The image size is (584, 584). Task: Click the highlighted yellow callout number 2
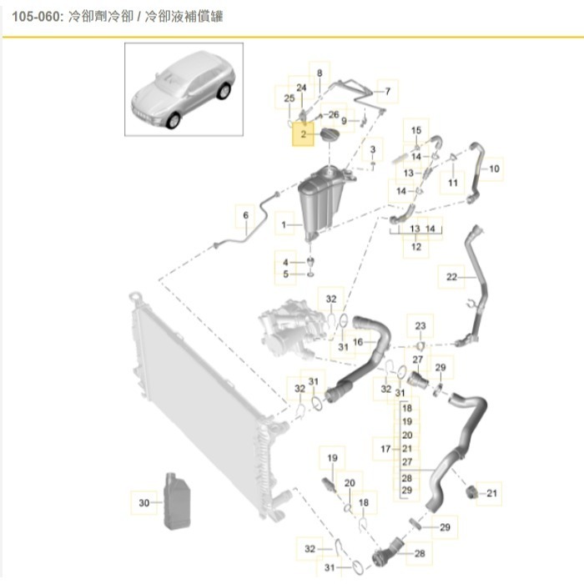coord(303,133)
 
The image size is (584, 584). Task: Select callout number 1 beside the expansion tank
coord(285,225)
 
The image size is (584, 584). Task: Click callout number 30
coord(143,503)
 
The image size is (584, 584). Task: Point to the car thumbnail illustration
coord(184,89)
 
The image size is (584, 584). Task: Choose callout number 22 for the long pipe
coord(451,277)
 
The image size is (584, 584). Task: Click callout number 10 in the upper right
coord(493,169)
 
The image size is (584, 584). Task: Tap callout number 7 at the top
coord(386,89)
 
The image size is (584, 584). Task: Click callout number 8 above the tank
coord(319,73)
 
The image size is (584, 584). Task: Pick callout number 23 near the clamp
coord(420,325)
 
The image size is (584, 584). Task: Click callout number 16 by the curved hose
coord(357,341)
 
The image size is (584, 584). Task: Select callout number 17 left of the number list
coord(385,449)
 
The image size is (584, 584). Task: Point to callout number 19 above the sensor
coord(331,458)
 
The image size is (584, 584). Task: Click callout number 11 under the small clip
coord(453,182)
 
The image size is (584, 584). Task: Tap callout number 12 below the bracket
coord(416,246)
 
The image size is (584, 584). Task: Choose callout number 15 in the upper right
coord(417,130)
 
